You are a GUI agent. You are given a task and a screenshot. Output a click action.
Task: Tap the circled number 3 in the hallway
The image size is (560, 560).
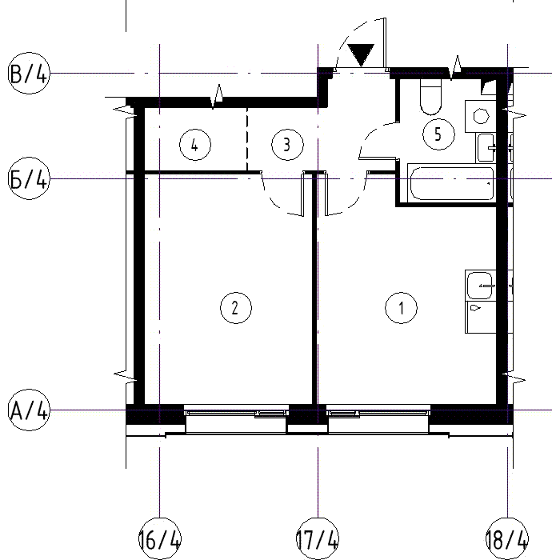[x=287, y=145]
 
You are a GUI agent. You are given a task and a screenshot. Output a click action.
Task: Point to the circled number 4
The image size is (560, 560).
[x=195, y=145]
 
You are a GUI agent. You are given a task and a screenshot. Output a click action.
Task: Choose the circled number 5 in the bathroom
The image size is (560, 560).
[x=438, y=134]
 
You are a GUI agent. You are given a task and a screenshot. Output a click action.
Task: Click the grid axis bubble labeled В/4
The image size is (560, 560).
[x=29, y=74]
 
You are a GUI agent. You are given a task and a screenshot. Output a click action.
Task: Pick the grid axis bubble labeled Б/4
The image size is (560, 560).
[x=29, y=178]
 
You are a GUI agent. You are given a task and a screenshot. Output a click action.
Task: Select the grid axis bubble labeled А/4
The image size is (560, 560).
[x=29, y=410]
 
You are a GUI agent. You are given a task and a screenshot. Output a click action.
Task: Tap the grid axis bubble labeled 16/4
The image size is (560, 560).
[x=160, y=538]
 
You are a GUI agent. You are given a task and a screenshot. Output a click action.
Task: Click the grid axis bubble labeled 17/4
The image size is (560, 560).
[x=318, y=538]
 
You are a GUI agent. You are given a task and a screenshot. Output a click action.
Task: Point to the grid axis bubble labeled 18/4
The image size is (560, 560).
[x=507, y=538]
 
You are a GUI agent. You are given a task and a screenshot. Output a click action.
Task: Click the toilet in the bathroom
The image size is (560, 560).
[x=430, y=97]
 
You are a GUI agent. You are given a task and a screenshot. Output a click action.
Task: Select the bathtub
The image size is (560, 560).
[x=451, y=183]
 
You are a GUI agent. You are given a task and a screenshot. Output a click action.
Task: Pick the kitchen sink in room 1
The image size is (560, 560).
[x=480, y=285]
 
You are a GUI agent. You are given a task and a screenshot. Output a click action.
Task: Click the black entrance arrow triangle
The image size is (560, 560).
[x=361, y=54]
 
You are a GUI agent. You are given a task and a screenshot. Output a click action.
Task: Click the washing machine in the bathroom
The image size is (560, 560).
[x=480, y=117]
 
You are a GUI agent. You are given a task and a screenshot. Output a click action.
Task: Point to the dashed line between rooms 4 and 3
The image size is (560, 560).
[x=247, y=139]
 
